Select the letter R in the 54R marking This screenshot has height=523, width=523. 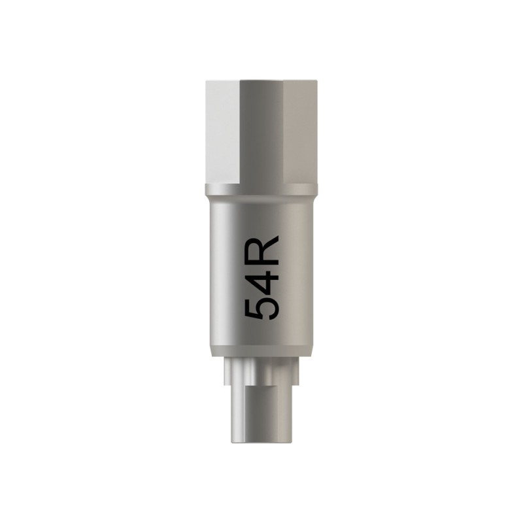pyautogui.click(x=261, y=248)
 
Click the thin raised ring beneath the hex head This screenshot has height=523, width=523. pyautogui.click(x=261, y=190)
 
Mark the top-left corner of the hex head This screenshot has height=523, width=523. pyautogui.click(x=206, y=82)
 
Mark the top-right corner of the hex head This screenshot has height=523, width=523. pyautogui.click(x=317, y=82)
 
